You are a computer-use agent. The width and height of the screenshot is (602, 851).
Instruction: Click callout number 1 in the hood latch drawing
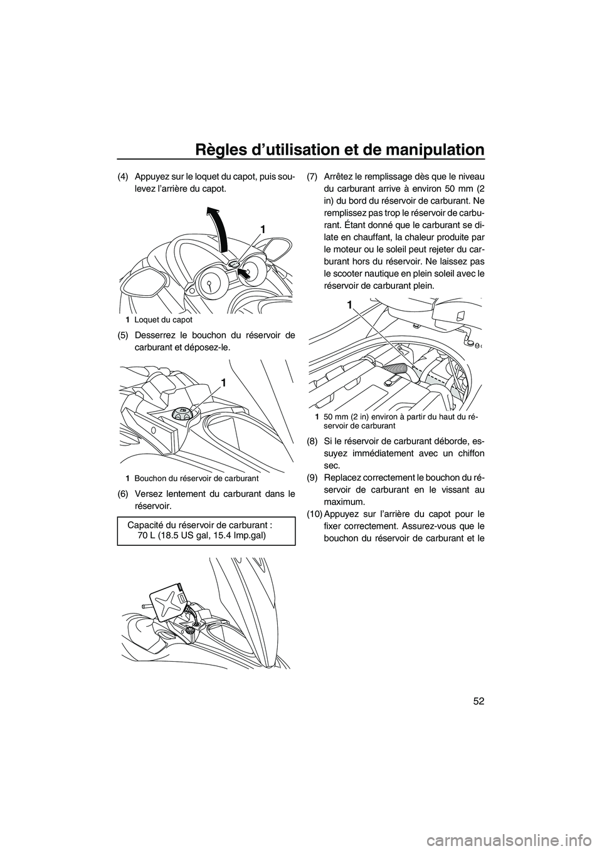[x=263, y=231]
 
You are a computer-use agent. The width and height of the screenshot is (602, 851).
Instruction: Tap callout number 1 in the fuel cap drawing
[x=223, y=382]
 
